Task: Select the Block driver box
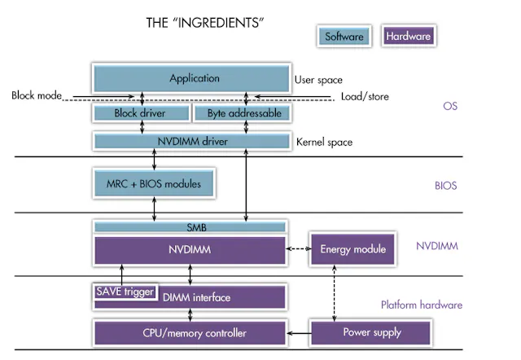(x=140, y=113)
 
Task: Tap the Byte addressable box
(x=239, y=113)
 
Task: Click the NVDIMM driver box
(x=190, y=142)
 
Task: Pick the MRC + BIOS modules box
(x=154, y=183)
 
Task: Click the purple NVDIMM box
(x=190, y=249)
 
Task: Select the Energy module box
(x=352, y=249)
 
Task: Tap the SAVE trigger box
(x=125, y=292)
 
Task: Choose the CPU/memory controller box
(x=190, y=333)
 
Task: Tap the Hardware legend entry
(x=409, y=37)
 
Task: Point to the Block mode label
(x=37, y=95)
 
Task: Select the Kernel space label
(x=324, y=142)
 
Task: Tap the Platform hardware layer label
(x=421, y=305)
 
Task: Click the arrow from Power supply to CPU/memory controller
(x=298, y=333)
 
